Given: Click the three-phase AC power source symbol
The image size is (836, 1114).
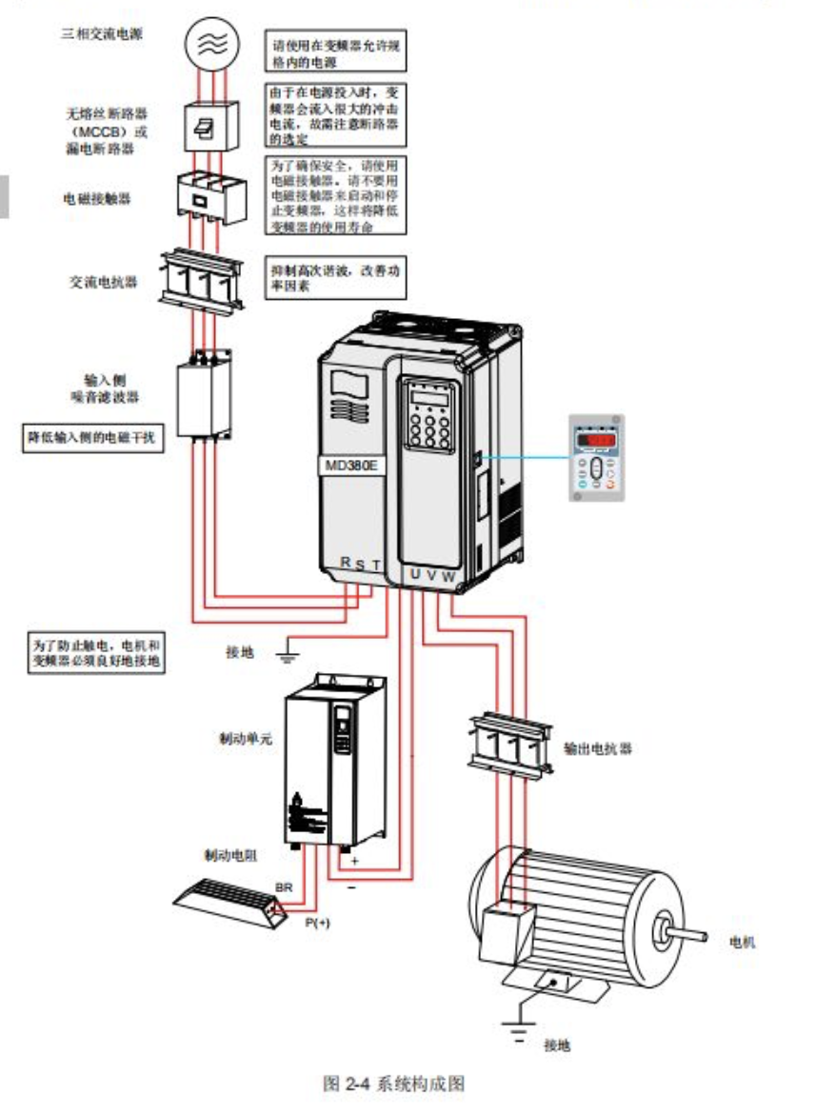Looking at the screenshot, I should (212, 42).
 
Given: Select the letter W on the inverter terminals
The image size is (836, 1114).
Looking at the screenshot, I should (448, 575).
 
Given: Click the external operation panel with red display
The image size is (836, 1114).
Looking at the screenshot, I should (596, 456).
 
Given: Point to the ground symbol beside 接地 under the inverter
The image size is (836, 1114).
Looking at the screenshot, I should (286, 652).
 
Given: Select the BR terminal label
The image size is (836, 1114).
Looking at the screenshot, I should (283, 887).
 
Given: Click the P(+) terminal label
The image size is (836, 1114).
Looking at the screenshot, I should (317, 923).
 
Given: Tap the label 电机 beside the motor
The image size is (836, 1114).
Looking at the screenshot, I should (742, 942).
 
